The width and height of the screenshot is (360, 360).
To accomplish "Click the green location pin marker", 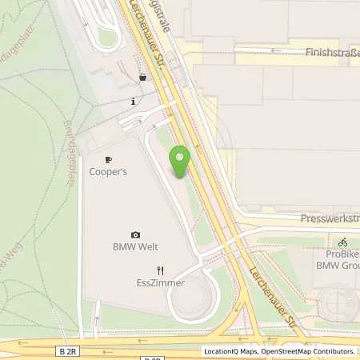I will (180, 161).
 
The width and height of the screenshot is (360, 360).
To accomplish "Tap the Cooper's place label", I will (108, 172).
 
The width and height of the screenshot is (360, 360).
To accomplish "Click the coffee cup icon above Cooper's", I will (108, 160).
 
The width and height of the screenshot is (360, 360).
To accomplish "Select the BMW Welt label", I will (135, 246).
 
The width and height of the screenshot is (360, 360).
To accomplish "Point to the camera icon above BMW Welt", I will (135, 234).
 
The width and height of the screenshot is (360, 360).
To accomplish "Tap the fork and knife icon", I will (160, 270).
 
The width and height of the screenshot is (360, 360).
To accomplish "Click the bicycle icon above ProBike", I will (342, 242).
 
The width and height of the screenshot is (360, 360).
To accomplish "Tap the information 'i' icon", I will (133, 102).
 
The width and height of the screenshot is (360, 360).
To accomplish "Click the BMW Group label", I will (339, 265).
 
